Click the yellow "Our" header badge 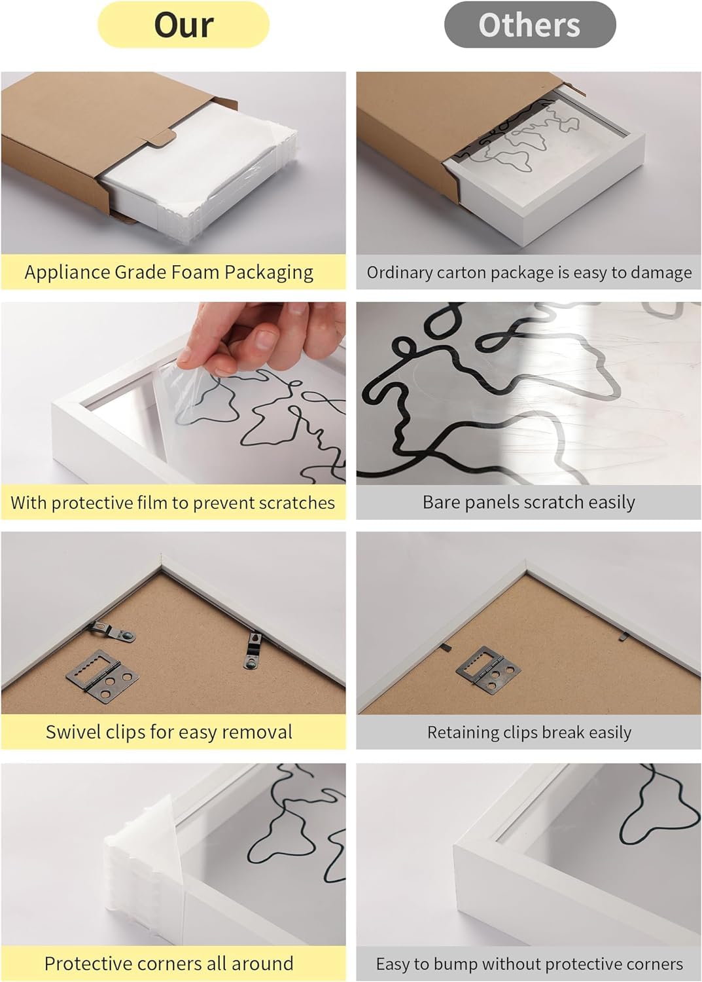183,25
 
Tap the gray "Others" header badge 530,25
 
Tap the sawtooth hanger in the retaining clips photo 488,667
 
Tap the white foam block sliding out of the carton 197,175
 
